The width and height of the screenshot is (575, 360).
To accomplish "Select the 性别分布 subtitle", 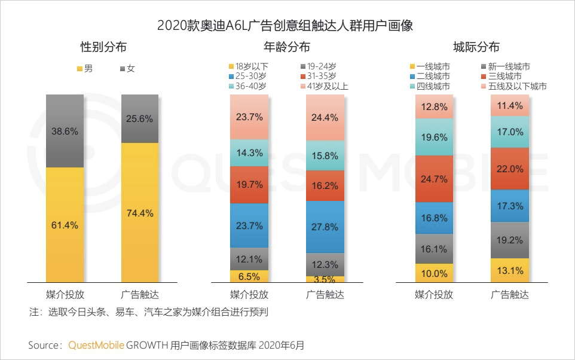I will coord(104,47).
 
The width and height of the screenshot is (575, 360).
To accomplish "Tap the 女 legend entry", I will coord(127,68).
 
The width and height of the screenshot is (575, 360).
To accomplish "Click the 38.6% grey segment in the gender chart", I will coord(65,131).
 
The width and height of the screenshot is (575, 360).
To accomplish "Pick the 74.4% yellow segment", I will coord(140,212).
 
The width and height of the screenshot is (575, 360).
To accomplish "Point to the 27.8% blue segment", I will coord(325,227).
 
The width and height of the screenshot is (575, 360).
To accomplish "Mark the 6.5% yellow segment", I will coord(249,276).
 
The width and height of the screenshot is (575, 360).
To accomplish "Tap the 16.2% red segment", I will coord(325,185).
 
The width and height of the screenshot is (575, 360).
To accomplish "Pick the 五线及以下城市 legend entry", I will coord(513,86).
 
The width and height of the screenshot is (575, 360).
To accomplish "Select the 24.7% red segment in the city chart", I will coord(434,179).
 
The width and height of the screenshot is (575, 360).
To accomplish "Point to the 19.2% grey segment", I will coord(509,240).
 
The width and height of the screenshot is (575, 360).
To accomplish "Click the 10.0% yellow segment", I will coord(434,273).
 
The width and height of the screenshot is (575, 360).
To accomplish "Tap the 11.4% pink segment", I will coord(509,106).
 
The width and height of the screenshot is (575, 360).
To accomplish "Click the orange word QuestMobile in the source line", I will coord(96,345).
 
